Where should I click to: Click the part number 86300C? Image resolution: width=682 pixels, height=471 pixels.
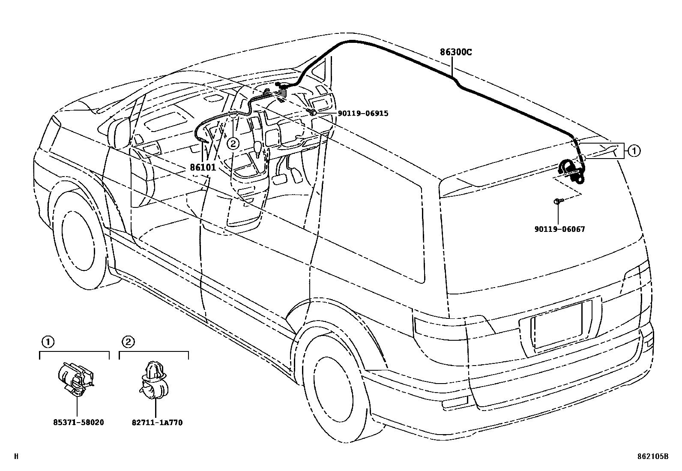pyautogui.click(x=455, y=53)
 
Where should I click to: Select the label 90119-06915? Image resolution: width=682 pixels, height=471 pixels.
pyautogui.click(x=363, y=114)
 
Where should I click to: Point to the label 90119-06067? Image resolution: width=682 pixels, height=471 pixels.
pyautogui.click(x=559, y=229)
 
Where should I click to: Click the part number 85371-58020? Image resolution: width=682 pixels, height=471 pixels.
pyautogui.click(x=78, y=423)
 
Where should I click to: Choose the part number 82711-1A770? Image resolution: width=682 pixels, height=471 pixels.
pyautogui.click(x=157, y=423)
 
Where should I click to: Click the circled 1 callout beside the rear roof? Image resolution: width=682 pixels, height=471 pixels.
pyautogui.click(x=634, y=150)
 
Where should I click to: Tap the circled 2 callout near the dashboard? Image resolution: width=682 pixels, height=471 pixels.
pyautogui.click(x=233, y=144)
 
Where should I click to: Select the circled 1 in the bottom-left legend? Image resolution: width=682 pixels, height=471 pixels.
pyautogui.click(x=48, y=342)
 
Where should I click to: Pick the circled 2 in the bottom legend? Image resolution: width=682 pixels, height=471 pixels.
pyautogui.click(x=128, y=342)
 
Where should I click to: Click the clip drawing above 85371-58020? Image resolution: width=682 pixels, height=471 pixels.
pyautogui.click(x=76, y=378)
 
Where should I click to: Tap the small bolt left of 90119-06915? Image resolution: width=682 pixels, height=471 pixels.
pyautogui.click(x=313, y=112)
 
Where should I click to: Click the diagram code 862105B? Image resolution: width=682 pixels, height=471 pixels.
pyautogui.click(x=652, y=457)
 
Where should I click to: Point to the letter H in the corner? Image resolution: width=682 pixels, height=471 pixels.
pyautogui.click(x=16, y=457)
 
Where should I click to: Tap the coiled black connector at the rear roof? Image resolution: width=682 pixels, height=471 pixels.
pyautogui.click(x=571, y=171)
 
